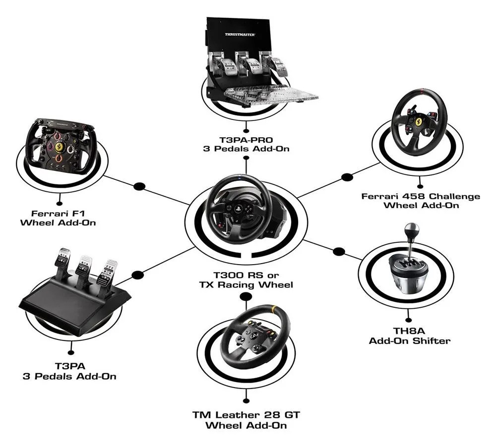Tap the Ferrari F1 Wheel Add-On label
coord(58,218)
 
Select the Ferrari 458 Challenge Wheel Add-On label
coord(421,201)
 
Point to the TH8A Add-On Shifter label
coord(409,335)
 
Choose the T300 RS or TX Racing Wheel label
coord(246,280)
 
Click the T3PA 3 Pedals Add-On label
coord(69,371)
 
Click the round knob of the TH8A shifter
coord(411,230)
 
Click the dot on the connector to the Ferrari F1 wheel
coord(140,186)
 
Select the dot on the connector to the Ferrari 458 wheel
coord(347,176)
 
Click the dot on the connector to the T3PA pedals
coord(139,274)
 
